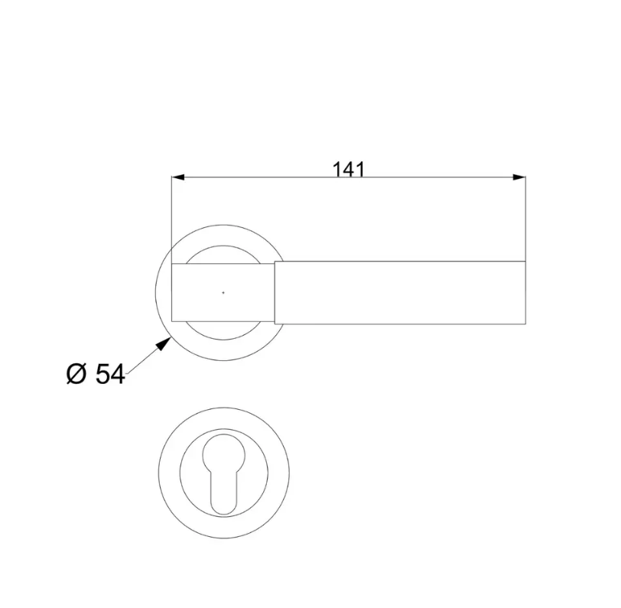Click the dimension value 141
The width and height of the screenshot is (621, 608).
coord(349,169)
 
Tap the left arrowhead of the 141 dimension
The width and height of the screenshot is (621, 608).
coord(178,177)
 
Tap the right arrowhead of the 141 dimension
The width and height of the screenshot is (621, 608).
coord(519,177)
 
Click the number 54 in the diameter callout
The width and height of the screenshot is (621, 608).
coord(110,373)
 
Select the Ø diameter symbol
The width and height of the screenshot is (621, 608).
coord(76,373)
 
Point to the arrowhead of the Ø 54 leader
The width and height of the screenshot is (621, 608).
coord(164,343)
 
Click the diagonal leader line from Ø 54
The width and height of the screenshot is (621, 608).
coord(148,356)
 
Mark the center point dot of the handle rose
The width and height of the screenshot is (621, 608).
coord(223,293)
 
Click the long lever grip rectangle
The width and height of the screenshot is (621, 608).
coord(400,293)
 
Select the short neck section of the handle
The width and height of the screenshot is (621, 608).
coord(223,293)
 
